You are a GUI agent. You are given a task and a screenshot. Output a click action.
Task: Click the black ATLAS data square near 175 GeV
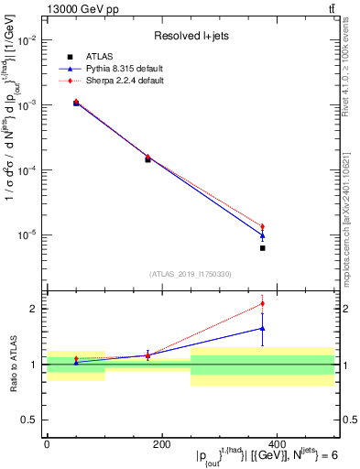(x=147, y=159)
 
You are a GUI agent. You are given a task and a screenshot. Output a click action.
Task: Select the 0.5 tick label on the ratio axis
(x=29, y=420)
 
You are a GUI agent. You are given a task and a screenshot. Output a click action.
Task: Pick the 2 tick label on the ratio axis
(x=33, y=309)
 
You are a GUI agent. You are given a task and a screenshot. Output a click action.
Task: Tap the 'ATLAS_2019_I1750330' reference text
(x=191, y=273)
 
